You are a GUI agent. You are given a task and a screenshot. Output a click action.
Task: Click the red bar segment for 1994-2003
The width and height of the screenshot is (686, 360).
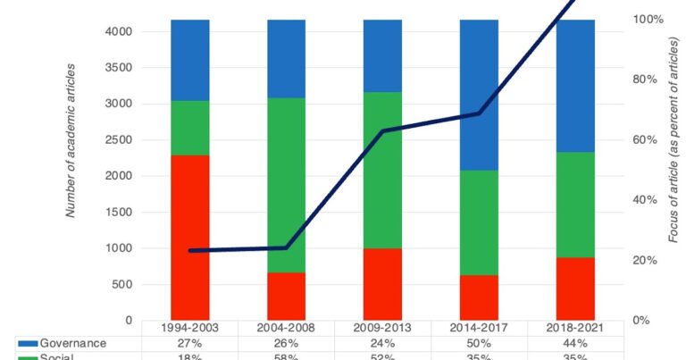coord(190,238)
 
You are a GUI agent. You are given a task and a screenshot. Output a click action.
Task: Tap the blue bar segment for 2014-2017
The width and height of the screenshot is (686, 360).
coord(479,95)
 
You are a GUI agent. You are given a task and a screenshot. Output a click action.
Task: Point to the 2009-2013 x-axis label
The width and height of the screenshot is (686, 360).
coord(382,329)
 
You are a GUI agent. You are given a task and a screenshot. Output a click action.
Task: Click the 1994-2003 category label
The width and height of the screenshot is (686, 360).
coord(190,329)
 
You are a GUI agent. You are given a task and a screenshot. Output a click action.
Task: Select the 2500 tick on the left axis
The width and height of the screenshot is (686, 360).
coord(121,139)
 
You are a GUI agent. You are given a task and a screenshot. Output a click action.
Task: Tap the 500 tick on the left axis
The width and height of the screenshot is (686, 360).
coord(124,284)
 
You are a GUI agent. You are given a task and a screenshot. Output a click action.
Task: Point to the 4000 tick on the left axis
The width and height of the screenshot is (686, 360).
coord(121,31)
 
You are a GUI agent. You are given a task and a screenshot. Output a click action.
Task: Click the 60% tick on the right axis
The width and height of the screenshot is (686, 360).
coord(645,139)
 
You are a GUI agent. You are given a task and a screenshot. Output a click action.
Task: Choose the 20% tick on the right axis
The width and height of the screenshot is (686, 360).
coord(645,260)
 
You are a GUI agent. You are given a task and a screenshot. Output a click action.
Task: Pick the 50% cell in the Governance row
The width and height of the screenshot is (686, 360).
coord(479,343)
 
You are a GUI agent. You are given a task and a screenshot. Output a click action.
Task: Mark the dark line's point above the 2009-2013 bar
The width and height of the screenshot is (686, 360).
coord(382,131)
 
